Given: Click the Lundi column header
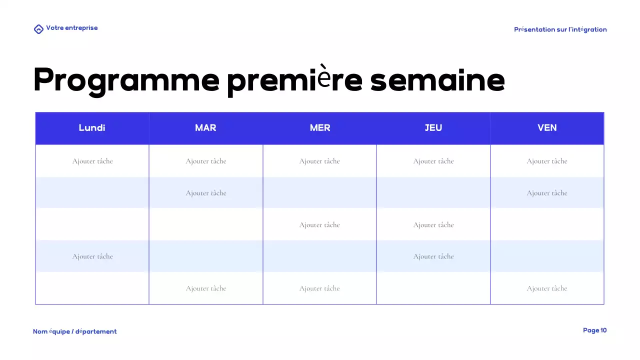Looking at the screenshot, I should [x=92, y=128].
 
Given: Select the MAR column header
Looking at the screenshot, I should [x=205, y=128].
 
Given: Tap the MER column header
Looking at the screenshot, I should [x=320, y=128].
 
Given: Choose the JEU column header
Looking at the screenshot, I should [x=433, y=128].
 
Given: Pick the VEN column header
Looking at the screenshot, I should [x=547, y=128].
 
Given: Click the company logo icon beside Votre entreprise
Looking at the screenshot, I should [x=38, y=29].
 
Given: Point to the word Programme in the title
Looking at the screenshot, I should [x=126, y=80].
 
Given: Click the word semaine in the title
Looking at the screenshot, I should [x=437, y=80].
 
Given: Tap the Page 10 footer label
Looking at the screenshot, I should [x=594, y=330].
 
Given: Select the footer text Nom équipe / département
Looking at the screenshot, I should [x=75, y=331].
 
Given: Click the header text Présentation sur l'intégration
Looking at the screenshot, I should [x=560, y=29].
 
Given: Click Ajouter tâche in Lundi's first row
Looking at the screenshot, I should [x=92, y=161].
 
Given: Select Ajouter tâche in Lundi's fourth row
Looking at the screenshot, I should [x=92, y=256].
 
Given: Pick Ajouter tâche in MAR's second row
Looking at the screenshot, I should [x=206, y=193].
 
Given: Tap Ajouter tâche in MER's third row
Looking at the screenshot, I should [x=319, y=225].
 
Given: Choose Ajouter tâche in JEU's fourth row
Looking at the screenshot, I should [x=433, y=256].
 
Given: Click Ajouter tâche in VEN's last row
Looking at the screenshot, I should [x=547, y=288].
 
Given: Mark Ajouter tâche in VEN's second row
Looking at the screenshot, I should [x=547, y=193].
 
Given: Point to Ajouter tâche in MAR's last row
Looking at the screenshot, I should [x=206, y=288].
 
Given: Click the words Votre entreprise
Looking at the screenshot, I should [x=72, y=28].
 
